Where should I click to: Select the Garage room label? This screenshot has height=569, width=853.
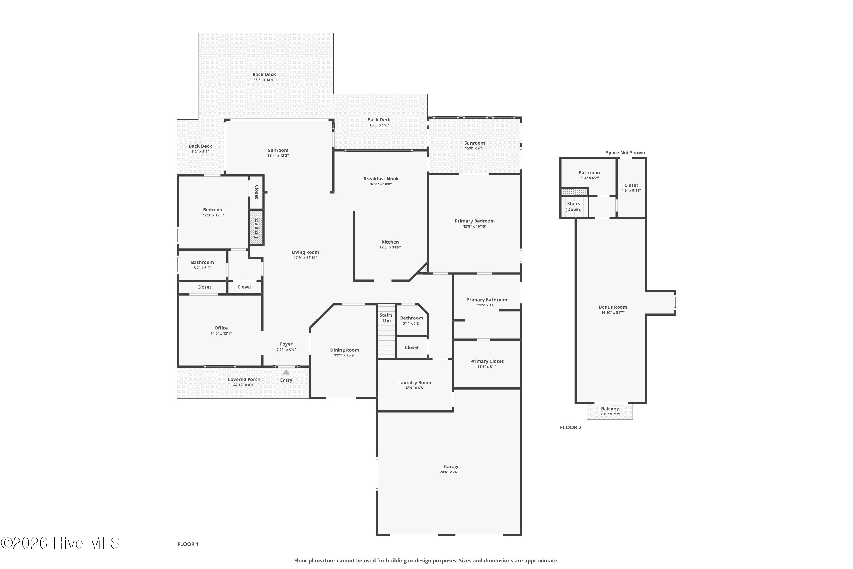(x=452, y=467)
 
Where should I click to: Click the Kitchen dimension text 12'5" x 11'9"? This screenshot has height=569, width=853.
(x=390, y=248)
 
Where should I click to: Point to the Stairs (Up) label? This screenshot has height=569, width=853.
(x=386, y=318)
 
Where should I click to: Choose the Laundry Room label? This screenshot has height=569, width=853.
(x=415, y=382)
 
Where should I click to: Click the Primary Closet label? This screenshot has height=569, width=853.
(x=487, y=361)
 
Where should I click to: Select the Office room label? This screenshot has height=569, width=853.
(x=221, y=328)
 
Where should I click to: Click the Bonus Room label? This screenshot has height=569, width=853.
(x=613, y=307)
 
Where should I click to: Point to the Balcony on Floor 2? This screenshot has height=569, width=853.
(x=610, y=411)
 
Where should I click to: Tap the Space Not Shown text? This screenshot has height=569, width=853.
(x=625, y=153)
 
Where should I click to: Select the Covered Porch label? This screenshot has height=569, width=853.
(x=244, y=380)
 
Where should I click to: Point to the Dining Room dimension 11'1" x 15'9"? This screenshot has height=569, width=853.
(x=345, y=356)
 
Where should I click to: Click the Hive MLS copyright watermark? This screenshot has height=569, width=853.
(x=60, y=543)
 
